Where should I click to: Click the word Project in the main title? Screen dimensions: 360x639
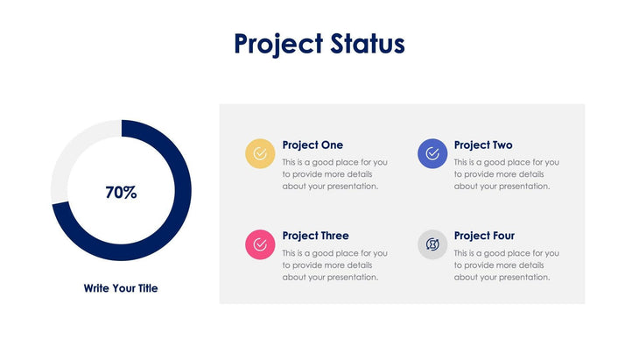click(x=278, y=44)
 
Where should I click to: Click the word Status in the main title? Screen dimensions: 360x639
click(x=368, y=44)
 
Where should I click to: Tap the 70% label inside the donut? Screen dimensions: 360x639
click(x=121, y=193)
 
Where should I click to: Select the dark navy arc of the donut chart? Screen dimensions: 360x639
click(x=179, y=219)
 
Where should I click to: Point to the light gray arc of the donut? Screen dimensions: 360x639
click(x=70, y=153)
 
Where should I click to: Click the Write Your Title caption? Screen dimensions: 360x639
click(x=121, y=287)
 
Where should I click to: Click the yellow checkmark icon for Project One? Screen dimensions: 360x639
click(x=260, y=153)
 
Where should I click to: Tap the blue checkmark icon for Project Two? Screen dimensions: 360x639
click(x=432, y=153)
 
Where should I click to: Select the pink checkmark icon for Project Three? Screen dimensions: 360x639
click(x=260, y=244)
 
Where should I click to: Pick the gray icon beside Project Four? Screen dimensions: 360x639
click(x=432, y=244)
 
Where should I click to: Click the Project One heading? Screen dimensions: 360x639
click(x=312, y=145)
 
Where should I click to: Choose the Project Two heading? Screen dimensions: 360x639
click(x=483, y=145)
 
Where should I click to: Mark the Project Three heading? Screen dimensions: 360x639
click(x=315, y=236)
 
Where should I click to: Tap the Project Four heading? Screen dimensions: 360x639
click(x=484, y=236)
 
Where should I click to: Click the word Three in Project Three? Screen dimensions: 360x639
click(x=334, y=236)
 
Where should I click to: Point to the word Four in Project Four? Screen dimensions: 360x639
click(x=502, y=236)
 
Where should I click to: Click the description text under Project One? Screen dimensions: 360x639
click(x=334, y=173)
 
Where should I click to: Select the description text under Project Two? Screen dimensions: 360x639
click(x=506, y=173)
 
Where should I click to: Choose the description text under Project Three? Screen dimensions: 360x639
click(x=334, y=265)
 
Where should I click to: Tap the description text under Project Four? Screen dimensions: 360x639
click(x=506, y=265)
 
